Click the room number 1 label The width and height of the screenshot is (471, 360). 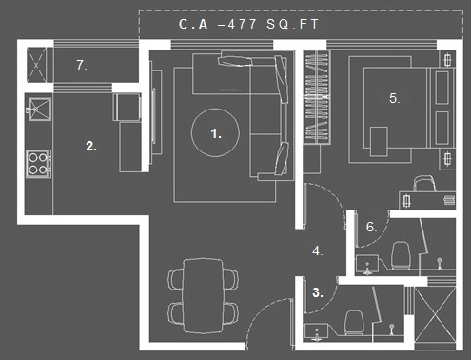pyautogui.click(x=216, y=133)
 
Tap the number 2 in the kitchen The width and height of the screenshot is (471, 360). pyautogui.click(x=91, y=146)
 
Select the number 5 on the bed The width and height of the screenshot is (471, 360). pyautogui.click(x=394, y=98)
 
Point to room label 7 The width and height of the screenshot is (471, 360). pyautogui.click(x=82, y=65)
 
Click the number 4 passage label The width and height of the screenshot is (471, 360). pyautogui.click(x=318, y=250)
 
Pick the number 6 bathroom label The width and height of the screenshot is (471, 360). pyautogui.click(x=371, y=227)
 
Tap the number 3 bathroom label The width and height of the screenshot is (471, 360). pyautogui.click(x=318, y=292)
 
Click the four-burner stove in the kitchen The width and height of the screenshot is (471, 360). pyautogui.click(x=38, y=164)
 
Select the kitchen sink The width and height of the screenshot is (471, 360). pyautogui.click(x=39, y=110)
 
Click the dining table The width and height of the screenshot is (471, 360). pyautogui.click(x=204, y=295)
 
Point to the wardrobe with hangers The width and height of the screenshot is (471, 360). pyautogui.click(x=317, y=97)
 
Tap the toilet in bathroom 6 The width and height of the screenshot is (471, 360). pyautogui.click(x=401, y=255)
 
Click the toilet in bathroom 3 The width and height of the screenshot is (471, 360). pyautogui.click(x=353, y=323)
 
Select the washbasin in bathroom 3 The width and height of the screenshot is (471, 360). pyautogui.click(x=316, y=332)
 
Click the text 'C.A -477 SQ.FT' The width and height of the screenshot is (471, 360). pyautogui.click(x=248, y=24)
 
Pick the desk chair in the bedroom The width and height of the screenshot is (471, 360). pyautogui.click(x=424, y=183)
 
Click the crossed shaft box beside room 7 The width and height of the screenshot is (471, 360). pyautogui.click(x=36, y=65)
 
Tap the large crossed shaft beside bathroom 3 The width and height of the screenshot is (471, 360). pyautogui.click(x=435, y=314)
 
